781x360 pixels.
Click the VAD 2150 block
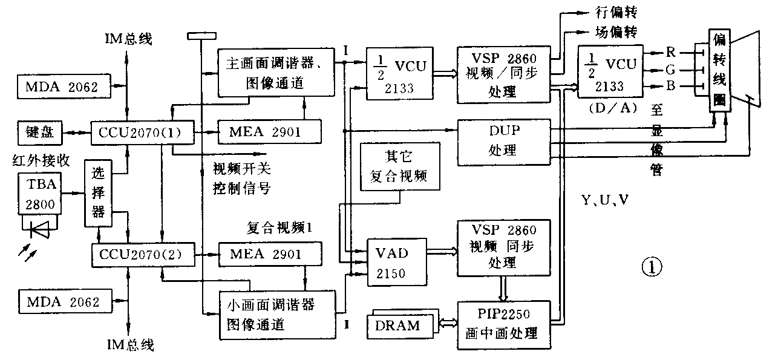[390, 261]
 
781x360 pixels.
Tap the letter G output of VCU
[670, 68]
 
